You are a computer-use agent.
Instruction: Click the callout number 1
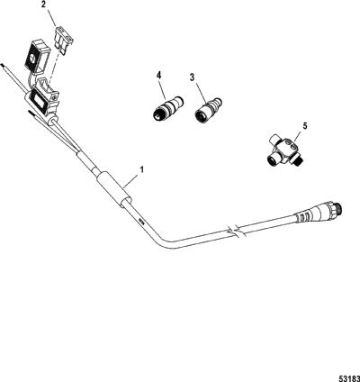141,169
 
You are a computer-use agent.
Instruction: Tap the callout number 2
43,5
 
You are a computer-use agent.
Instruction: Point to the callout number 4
158,75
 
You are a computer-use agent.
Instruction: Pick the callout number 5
305,126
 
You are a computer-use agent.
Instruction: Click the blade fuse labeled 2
65,41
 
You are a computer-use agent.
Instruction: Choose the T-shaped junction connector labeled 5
285,150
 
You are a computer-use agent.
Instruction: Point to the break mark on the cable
237,232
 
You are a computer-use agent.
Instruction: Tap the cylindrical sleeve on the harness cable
113,189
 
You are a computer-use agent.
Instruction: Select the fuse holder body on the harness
43,97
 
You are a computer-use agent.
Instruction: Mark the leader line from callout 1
131,180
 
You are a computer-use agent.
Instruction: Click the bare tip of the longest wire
3,64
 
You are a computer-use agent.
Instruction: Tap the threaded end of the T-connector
300,160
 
